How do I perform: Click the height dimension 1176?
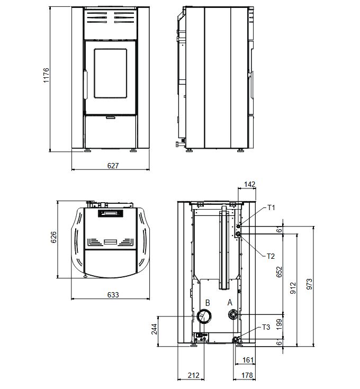47,75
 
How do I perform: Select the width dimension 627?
113,166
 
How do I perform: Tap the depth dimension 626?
53,237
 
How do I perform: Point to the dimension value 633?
113,295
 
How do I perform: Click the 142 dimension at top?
249,184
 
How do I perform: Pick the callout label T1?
271,207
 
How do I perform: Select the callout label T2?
271,256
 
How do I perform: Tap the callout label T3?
266,327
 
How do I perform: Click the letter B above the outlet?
208,303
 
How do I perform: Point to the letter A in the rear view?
230,303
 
